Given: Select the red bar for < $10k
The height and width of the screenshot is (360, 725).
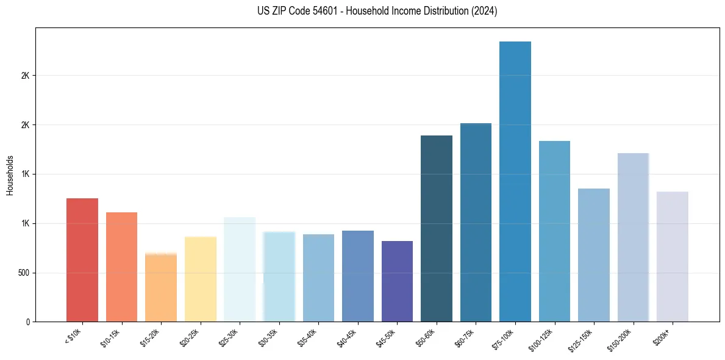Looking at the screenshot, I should (82, 260).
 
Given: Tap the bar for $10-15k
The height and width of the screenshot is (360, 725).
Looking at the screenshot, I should (121, 267).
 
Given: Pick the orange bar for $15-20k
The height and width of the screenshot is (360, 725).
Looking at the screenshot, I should (161, 287).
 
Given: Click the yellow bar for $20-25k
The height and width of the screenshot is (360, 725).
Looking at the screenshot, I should (200, 279).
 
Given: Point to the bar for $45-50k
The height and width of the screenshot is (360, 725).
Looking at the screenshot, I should (397, 281).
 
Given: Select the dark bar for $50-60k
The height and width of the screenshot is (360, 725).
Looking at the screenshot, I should (437, 228).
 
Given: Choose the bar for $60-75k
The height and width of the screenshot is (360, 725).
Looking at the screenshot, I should (476, 222).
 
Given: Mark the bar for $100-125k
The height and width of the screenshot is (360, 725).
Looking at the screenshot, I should (554, 231).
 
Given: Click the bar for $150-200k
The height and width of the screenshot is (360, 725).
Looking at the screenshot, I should (633, 237).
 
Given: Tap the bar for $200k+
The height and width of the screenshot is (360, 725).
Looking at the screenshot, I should (672, 256).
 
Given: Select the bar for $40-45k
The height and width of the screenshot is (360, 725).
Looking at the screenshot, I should (358, 276).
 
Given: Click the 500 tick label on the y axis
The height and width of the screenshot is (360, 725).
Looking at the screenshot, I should (24, 273).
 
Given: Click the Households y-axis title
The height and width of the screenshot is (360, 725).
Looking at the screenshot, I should (10, 175).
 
